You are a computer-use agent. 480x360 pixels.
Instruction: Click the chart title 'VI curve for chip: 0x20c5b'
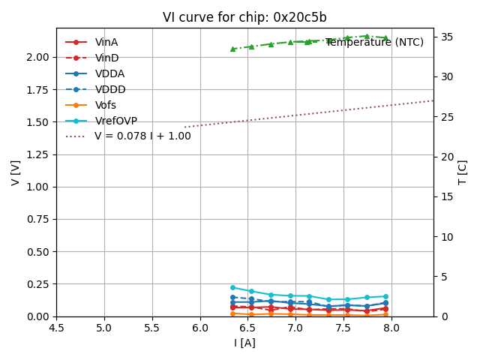coord(244,17)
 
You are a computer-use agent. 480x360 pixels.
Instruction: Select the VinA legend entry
coord(106,43)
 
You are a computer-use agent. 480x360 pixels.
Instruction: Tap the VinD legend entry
coord(106,58)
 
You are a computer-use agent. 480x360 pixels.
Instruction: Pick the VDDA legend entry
coord(109,74)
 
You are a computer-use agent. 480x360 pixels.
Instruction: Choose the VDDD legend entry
coord(110,90)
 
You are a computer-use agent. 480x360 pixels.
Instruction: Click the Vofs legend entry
coord(106,106)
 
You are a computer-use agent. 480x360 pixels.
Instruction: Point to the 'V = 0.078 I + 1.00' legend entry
coord(142,136)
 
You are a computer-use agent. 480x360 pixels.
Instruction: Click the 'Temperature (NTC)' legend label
coord(374,43)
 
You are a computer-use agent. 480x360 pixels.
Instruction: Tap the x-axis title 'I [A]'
coord(244,343)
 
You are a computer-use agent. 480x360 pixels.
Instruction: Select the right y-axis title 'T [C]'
coord(462,172)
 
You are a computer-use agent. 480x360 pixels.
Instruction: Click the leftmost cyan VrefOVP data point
coord(232,287)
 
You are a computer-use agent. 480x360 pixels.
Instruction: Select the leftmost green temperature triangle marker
coord(232,49)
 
